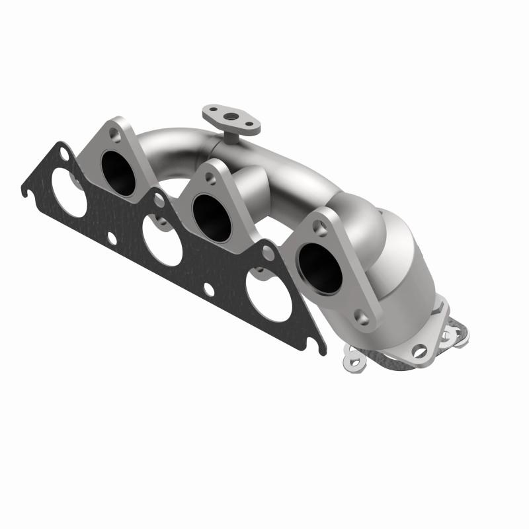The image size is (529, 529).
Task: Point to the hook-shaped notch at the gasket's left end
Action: pyautogui.click(x=26, y=192)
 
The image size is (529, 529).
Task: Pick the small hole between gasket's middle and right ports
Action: pyautogui.click(x=208, y=288)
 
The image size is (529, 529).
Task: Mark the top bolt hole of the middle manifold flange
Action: pyautogui.click(x=210, y=177)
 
